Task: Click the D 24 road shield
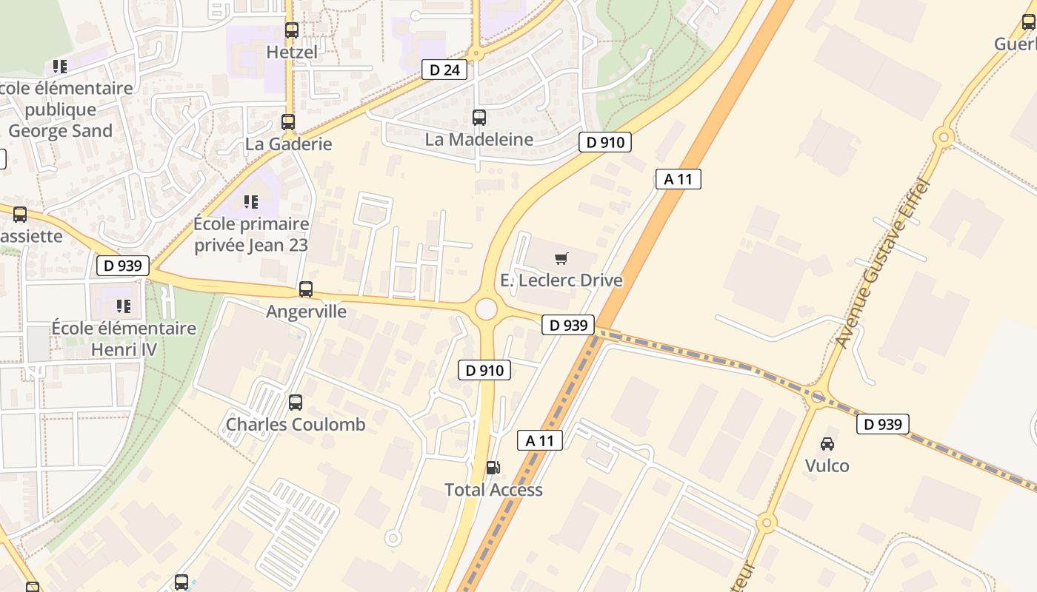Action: pos(444,70)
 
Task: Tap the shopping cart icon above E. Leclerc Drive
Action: pos(561,258)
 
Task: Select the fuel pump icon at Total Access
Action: pos(493,467)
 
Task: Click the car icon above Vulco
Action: pos(827,443)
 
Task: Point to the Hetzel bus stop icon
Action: pos(292,30)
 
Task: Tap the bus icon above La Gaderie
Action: pos(288,122)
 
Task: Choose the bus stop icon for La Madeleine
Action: pos(479,117)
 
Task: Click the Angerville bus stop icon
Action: pos(306,289)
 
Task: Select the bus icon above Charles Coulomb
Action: pos(296,403)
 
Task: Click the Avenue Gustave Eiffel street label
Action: pos(883,263)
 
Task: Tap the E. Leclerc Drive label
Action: pos(561,280)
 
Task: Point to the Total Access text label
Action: pos(493,489)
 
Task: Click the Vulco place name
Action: pos(827,465)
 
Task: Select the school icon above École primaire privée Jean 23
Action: pos(251,201)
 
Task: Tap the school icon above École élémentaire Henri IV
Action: pos(124,306)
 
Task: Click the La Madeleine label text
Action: pos(479,139)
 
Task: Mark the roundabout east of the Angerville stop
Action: pos(486,309)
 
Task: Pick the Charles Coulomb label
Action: pos(296,425)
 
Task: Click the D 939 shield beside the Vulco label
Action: pos(883,424)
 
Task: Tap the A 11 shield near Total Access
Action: pos(540,440)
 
